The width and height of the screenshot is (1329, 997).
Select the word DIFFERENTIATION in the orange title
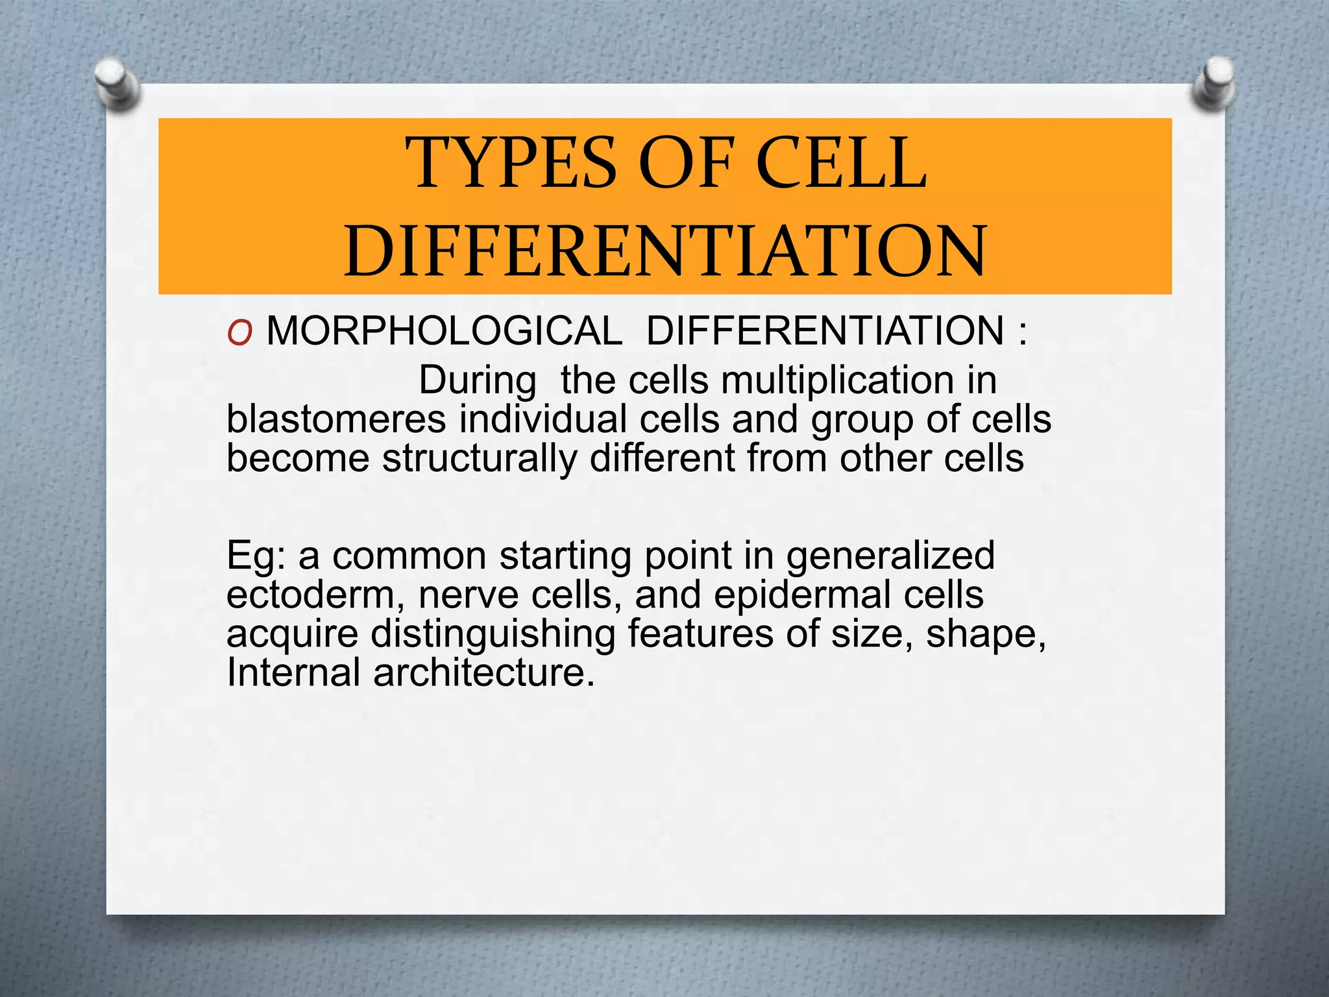tap(665, 251)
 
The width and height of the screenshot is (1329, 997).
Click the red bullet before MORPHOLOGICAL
tap(239, 334)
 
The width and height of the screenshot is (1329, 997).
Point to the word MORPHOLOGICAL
tap(444, 331)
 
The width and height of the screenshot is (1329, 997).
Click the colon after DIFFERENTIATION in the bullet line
tap(1023, 332)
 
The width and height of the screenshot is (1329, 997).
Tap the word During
tap(478, 380)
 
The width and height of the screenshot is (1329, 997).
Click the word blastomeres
tap(336, 419)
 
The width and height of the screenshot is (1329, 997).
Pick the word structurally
tap(479, 459)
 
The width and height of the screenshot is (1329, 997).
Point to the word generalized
tap(890, 556)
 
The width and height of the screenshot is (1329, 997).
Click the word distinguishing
tap(493, 634)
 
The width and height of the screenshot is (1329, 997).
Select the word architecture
tap(483, 672)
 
